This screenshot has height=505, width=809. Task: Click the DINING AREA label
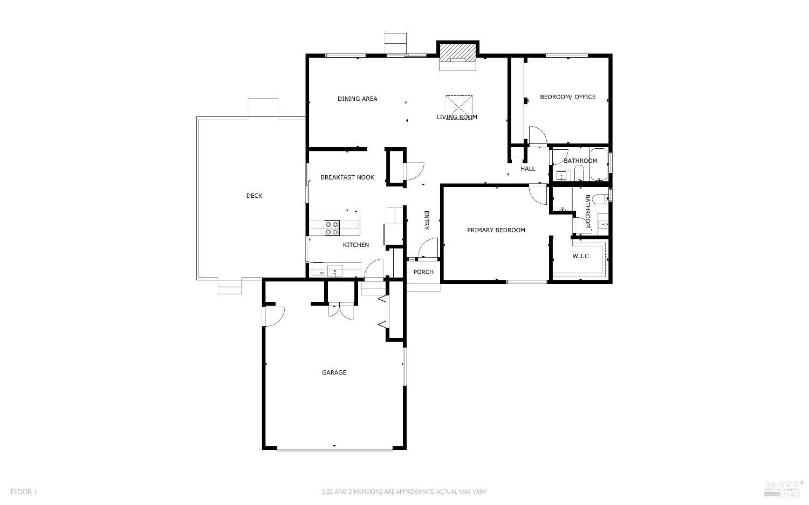(x=357, y=99)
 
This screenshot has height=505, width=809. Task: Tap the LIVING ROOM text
(x=457, y=117)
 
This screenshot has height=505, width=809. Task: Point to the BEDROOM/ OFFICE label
(x=568, y=97)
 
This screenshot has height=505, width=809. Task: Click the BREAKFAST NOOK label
(x=347, y=177)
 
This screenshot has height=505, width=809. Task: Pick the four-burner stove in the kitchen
(x=331, y=228)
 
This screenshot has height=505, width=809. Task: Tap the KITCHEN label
(x=356, y=245)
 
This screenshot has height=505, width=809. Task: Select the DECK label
(x=254, y=196)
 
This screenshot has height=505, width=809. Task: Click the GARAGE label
(x=334, y=372)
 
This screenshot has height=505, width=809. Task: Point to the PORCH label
(x=423, y=272)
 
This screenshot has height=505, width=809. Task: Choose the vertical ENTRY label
(x=426, y=220)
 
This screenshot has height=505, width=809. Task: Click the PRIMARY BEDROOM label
(x=496, y=230)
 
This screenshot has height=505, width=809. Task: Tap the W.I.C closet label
(x=580, y=256)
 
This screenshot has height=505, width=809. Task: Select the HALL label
(x=528, y=169)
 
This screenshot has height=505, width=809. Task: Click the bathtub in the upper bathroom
(x=599, y=164)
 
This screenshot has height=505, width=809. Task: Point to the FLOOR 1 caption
(x=24, y=492)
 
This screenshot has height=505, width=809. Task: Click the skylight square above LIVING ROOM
(x=459, y=105)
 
